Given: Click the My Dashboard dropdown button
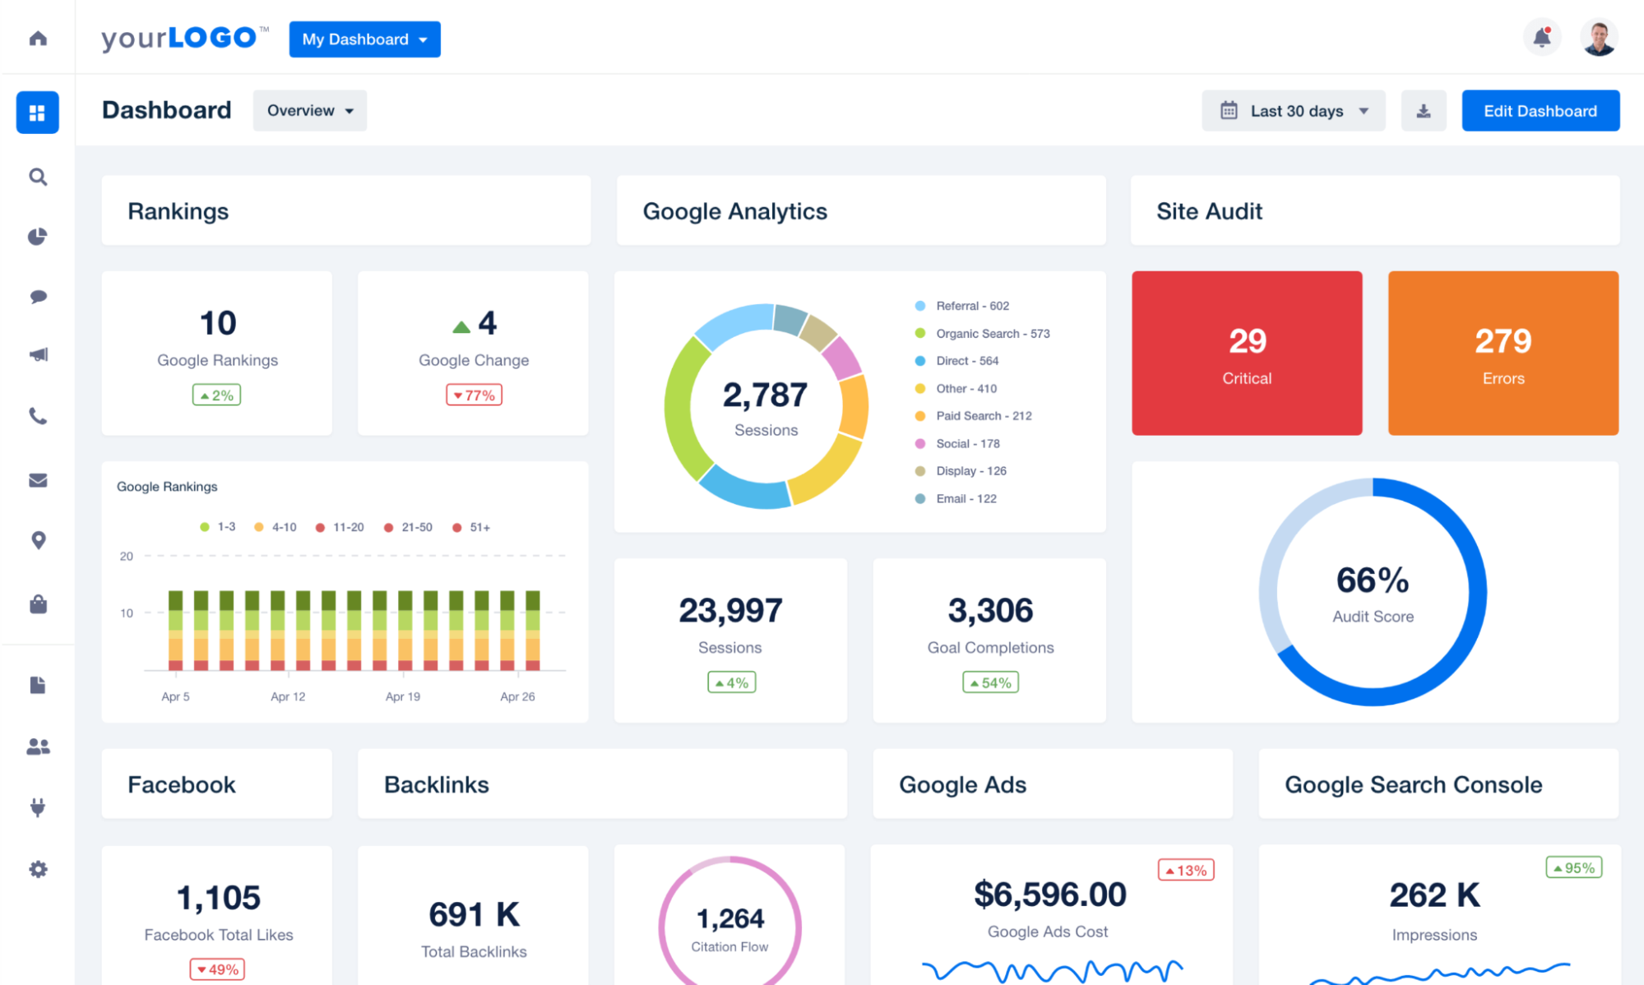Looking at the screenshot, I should click(x=364, y=39).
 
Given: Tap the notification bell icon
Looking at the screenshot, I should click(x=1542, y=37).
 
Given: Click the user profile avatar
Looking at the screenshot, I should click(x=1599, y=38).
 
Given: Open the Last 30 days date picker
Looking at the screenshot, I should click(x=1294, y=111).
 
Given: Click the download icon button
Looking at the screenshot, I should click(x=1424, y=111).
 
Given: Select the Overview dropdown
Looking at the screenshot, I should click(x=309, y=111).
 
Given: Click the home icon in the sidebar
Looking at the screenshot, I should click(x=38, y=39).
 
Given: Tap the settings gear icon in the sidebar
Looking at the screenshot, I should click(x=38, y=869).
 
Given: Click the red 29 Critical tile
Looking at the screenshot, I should click(x=1247, y=354).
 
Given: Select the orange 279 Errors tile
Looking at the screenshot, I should click(x=1503, y=354).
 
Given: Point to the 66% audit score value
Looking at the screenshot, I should click(x=1372, y=580).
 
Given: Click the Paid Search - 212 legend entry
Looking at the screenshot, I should click(x=983, y=416).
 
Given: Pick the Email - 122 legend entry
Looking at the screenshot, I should click(x=966, y=499).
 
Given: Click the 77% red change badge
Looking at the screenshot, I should click(x=474, y=395).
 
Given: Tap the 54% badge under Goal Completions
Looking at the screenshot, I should click(x=990, y=682).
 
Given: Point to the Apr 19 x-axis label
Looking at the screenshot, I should click(x=403, y=696).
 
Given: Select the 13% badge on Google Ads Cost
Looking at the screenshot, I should click(x=1186, y=870).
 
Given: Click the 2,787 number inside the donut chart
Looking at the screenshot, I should click(x=765, y=395).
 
